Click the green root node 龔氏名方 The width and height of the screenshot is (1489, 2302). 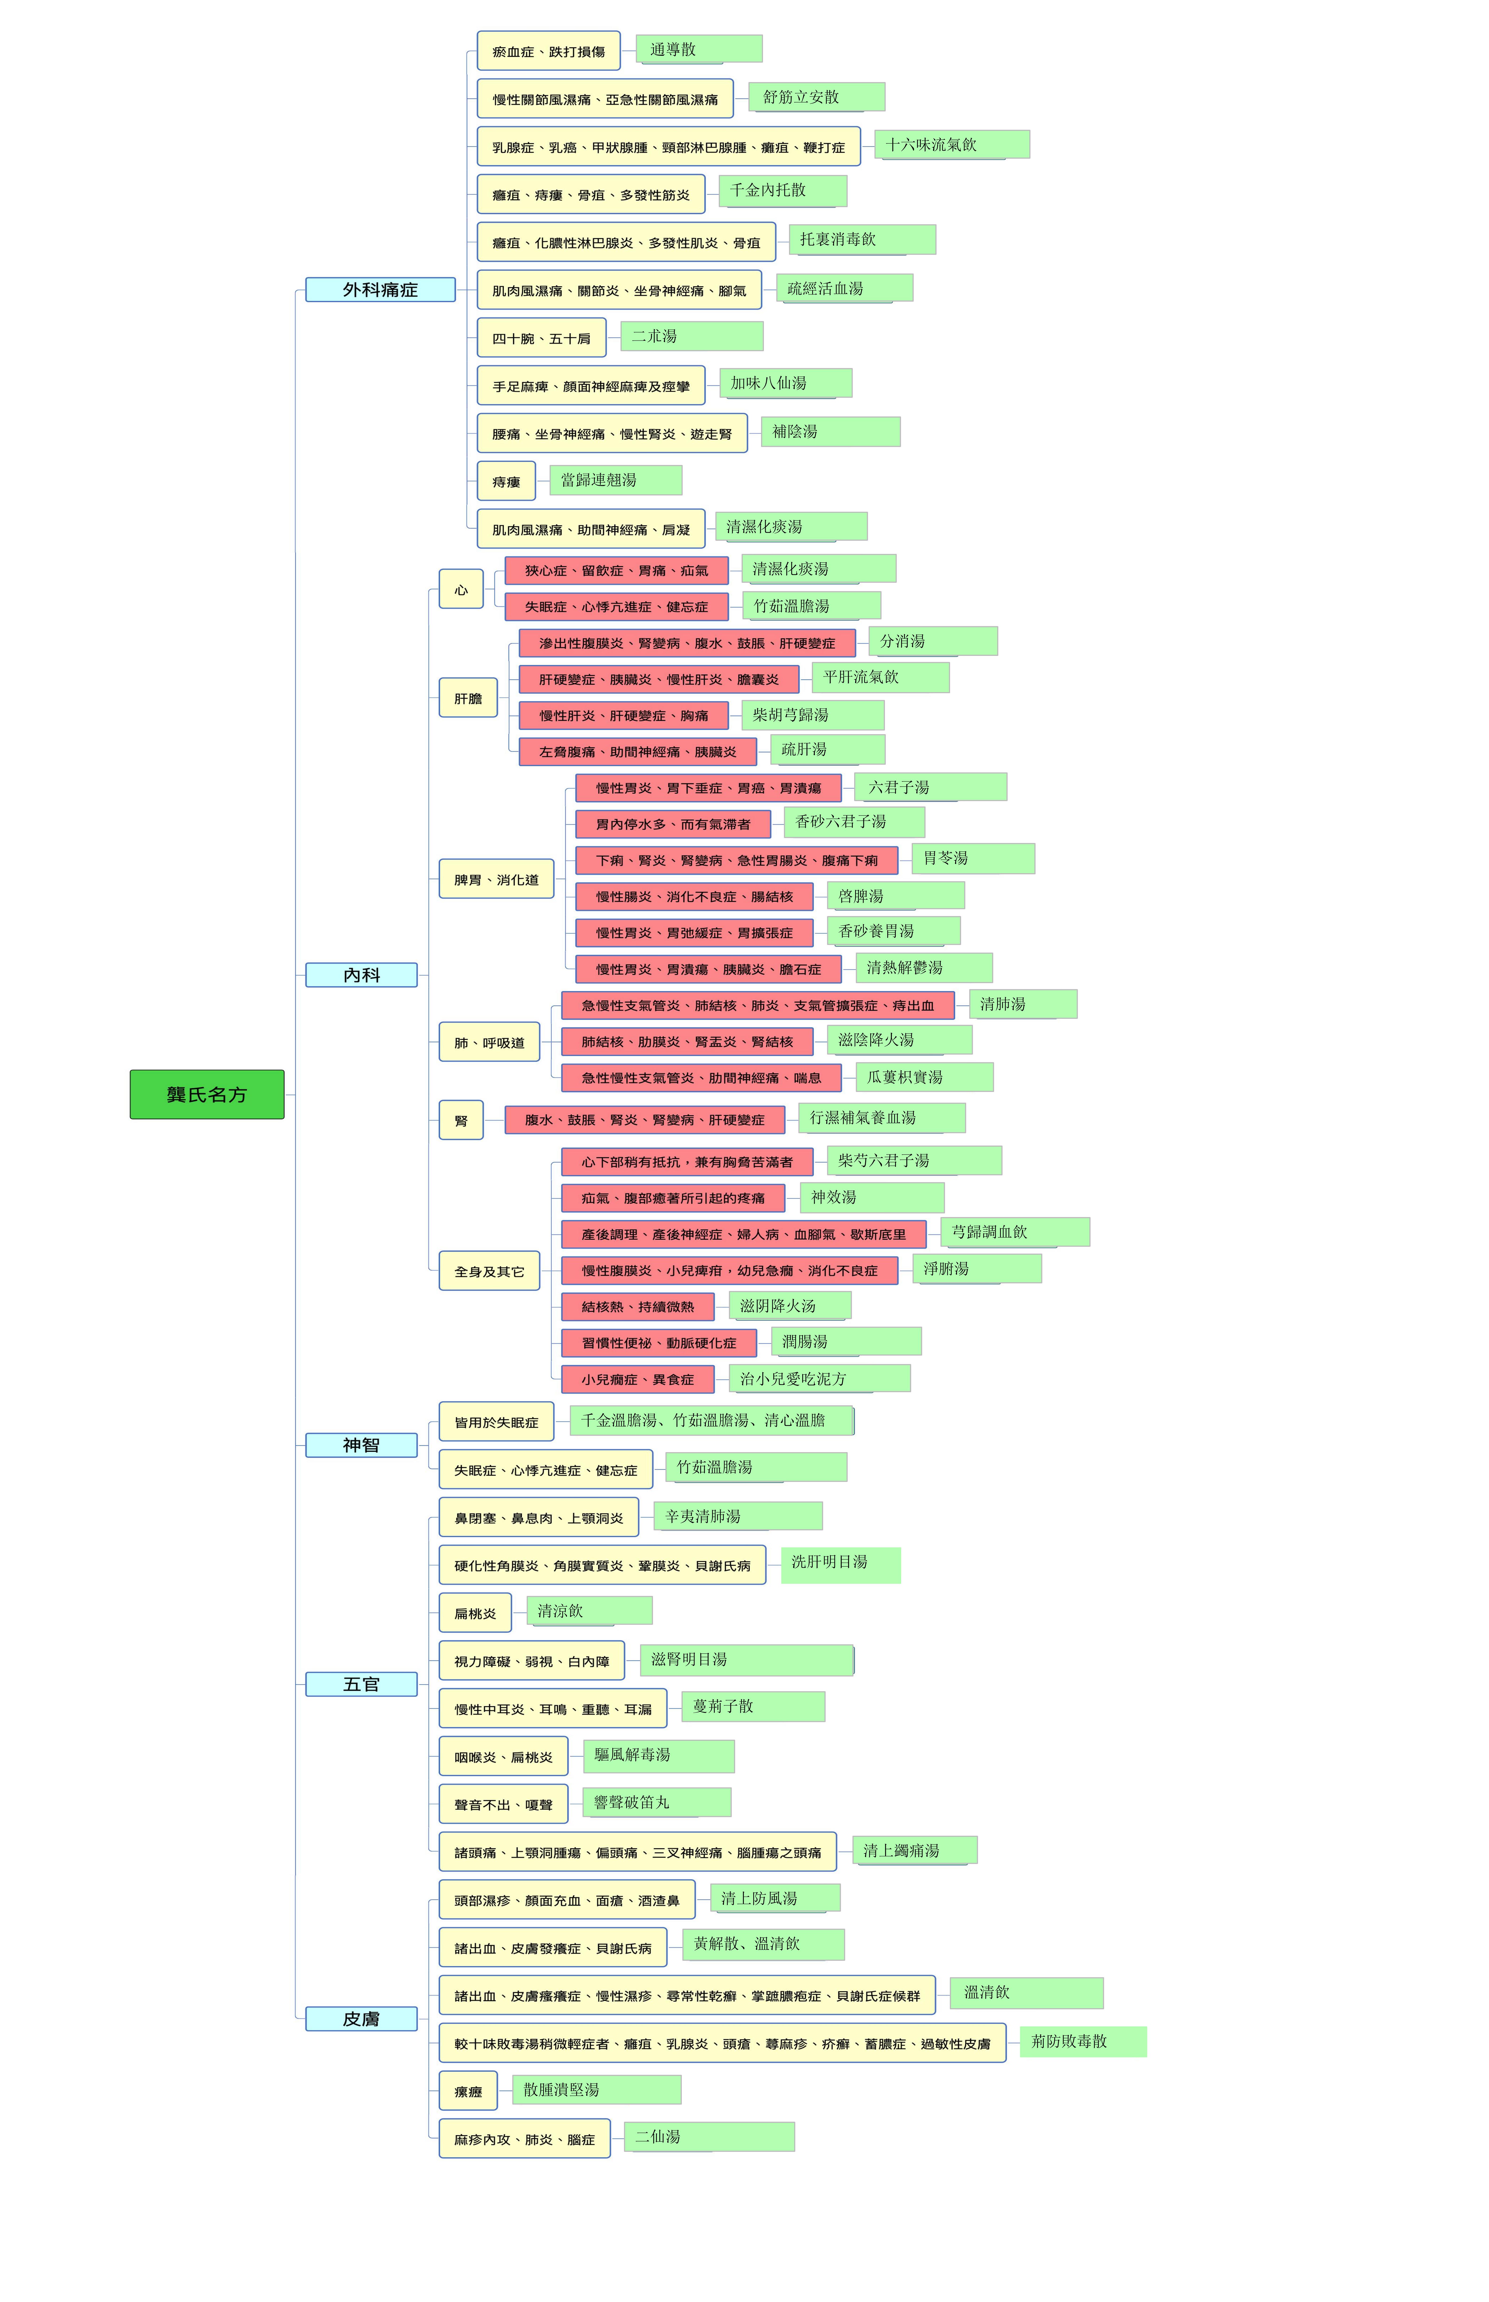point(207,1094)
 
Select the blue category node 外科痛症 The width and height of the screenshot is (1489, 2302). point(380,289)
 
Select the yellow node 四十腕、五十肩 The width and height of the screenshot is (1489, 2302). point(542,337)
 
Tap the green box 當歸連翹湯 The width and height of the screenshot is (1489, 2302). point(616,480)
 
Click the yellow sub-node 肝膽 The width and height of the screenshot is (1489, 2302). point(468,698)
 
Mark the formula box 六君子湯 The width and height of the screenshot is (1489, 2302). point(930,787)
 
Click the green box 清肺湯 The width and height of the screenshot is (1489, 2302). point(1023,1004)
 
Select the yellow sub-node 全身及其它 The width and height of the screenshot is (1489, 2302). point(489,1271)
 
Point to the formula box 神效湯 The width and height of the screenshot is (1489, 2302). point(871,1197)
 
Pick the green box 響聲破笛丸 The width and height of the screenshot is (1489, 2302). point(656,1802)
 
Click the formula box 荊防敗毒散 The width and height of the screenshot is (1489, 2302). point(1083,2041)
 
